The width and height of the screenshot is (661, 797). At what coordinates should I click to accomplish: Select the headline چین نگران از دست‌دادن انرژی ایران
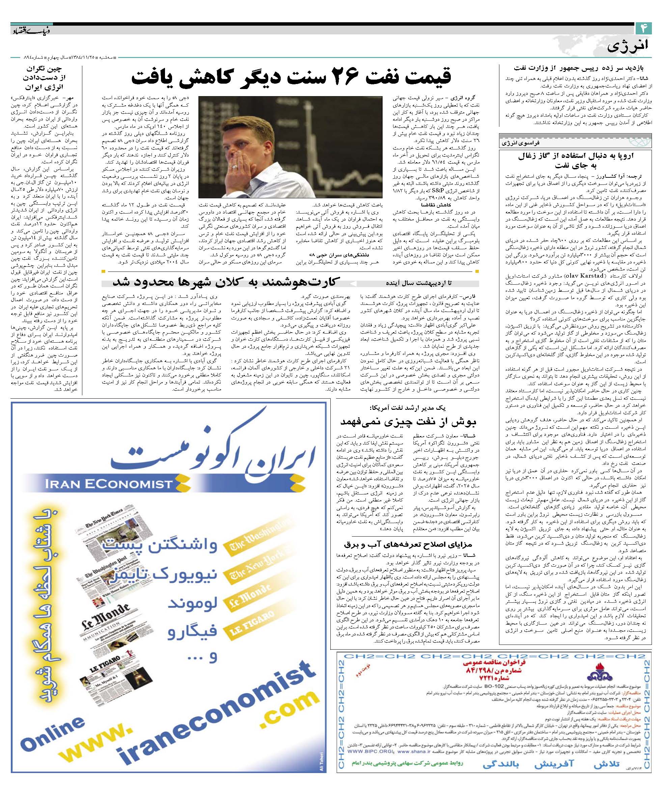point(45,79)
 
